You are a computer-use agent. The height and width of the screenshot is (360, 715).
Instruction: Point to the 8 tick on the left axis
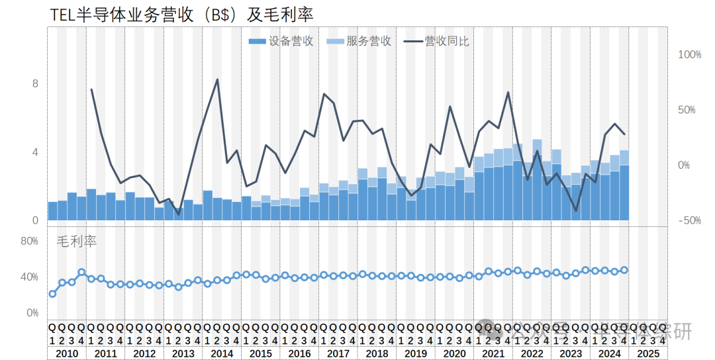35,83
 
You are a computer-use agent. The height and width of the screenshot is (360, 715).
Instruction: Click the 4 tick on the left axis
35,152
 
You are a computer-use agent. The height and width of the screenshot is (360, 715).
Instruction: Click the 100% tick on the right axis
689,54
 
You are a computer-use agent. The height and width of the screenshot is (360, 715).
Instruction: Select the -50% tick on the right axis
689,220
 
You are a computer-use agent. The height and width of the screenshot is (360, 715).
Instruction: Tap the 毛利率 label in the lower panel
77,242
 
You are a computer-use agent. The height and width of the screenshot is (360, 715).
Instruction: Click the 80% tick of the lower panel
29,242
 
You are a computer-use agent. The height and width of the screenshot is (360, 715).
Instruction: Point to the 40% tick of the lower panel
29,277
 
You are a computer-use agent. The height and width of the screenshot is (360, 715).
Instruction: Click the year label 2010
67,353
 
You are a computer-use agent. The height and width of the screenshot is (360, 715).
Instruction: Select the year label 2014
222,353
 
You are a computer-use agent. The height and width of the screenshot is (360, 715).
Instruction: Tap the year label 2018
377,353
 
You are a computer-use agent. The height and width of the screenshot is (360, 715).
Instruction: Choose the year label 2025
647,353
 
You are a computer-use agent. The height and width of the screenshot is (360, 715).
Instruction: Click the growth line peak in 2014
217,79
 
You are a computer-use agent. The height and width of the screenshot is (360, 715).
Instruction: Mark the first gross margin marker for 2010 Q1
52,294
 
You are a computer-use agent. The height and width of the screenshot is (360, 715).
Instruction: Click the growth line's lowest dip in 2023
576,210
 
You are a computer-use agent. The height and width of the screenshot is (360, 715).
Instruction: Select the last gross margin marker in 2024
624,270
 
